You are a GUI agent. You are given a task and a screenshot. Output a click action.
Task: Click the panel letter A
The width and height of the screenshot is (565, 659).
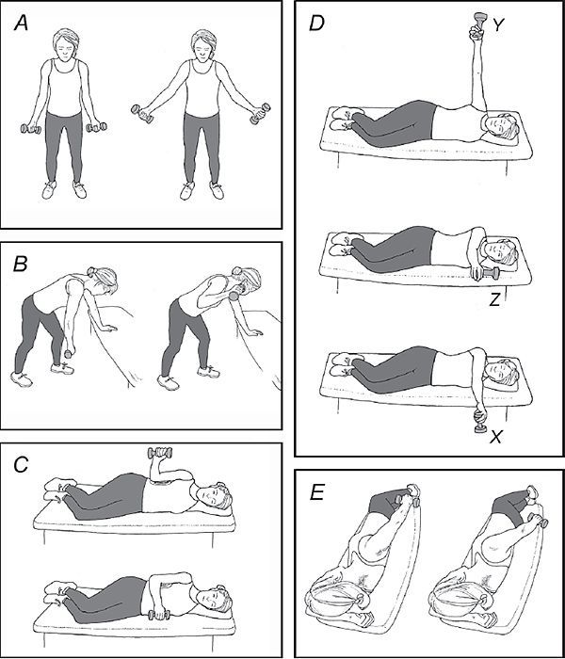coord(21,25)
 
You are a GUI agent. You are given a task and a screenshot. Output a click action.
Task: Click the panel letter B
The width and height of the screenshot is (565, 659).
coord(20,265)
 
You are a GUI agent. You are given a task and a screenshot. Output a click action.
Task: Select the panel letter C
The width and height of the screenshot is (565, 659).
coord(21,466)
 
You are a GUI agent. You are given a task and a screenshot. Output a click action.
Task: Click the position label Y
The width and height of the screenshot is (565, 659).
coord(498,27)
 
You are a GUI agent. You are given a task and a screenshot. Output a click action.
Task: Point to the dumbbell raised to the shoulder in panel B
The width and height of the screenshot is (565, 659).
coord(232,297)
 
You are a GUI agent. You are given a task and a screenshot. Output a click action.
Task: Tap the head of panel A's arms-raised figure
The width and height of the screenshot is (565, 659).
coord(200,42)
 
